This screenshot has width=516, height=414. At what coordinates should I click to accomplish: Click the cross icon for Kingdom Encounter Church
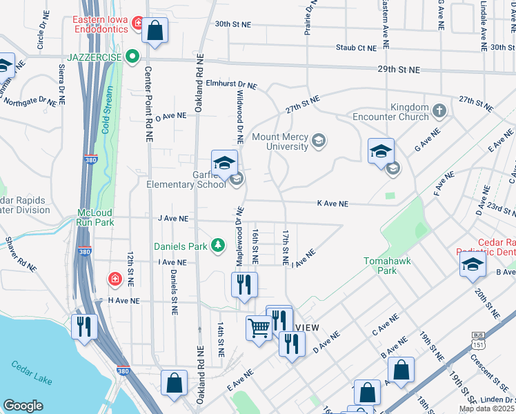click(x=439, y=110)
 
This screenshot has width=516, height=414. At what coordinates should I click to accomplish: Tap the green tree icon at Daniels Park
click(x=218, y=245)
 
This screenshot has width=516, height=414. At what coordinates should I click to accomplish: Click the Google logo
click(x=23, y=406)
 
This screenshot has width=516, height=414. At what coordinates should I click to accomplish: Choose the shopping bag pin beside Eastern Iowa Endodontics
click(x=155, y=30)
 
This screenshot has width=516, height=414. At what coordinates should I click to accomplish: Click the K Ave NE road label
click(x=332, y=204)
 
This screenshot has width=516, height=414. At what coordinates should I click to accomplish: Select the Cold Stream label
click(x=108, y=114)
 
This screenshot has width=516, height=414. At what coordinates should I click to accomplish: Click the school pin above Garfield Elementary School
click(x=224, y=164)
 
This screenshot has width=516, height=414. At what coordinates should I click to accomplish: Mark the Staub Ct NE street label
click(x=357, y=47)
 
